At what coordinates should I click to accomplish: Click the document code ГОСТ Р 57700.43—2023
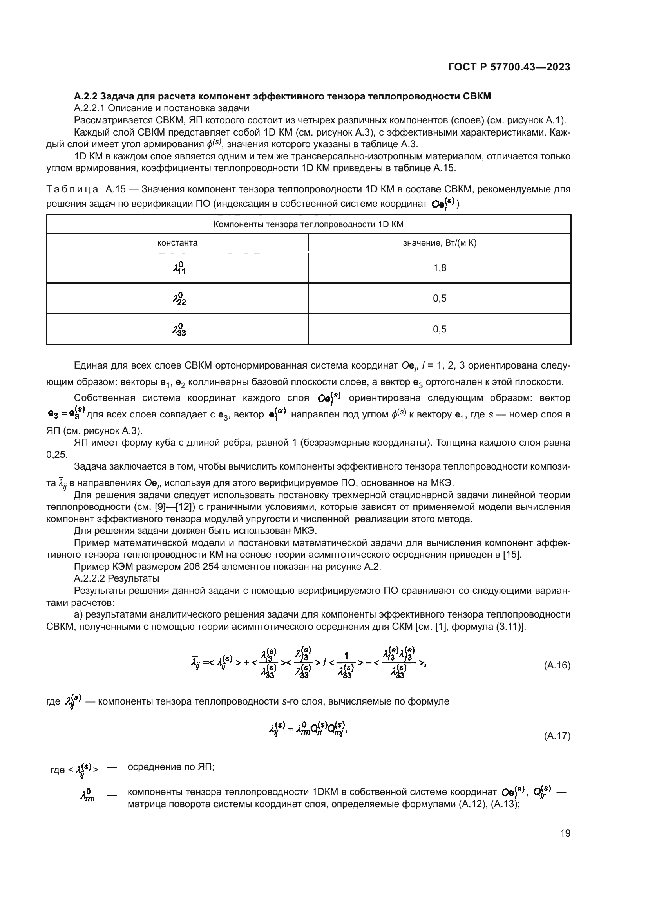click(x=509, y=67)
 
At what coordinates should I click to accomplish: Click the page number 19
click(x=565, y=833)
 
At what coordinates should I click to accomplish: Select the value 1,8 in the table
click(x=439, y=268)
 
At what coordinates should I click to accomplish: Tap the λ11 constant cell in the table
click(x=177, y=268)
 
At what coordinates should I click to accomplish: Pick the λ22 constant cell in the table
click(x=177, y=298)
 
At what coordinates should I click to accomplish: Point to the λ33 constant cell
click(x=177, y=329)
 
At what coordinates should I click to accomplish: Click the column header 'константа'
click(x=177, y=242)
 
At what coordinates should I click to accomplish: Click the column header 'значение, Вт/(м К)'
click(x=439, y=242)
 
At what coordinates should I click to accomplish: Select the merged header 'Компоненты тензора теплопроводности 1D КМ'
click(x=308, y=224)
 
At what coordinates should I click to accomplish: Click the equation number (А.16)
click(x=557, y=665)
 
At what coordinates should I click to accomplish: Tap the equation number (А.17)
click(x=557, y=736)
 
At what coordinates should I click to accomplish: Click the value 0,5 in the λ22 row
click(x=439, y=298)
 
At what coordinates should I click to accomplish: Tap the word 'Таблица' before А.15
click(x=72, y=189)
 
